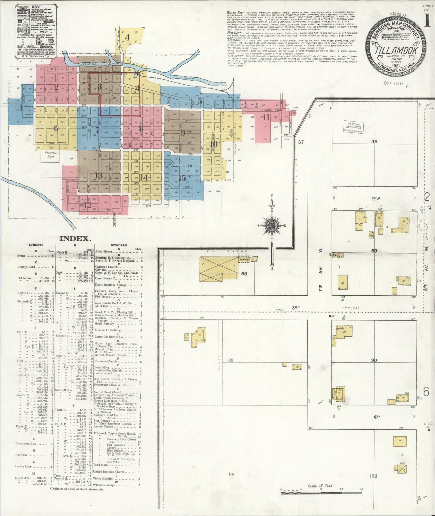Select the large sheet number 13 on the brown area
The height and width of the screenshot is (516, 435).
click(x=98, y=176)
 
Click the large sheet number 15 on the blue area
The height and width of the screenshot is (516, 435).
click(x=182, y=178)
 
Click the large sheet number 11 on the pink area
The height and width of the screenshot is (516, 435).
click(x=266, y=117)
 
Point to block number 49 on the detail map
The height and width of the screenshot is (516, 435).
click(x=374, y=141)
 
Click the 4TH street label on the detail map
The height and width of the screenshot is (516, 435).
click(x=376, y=417)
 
